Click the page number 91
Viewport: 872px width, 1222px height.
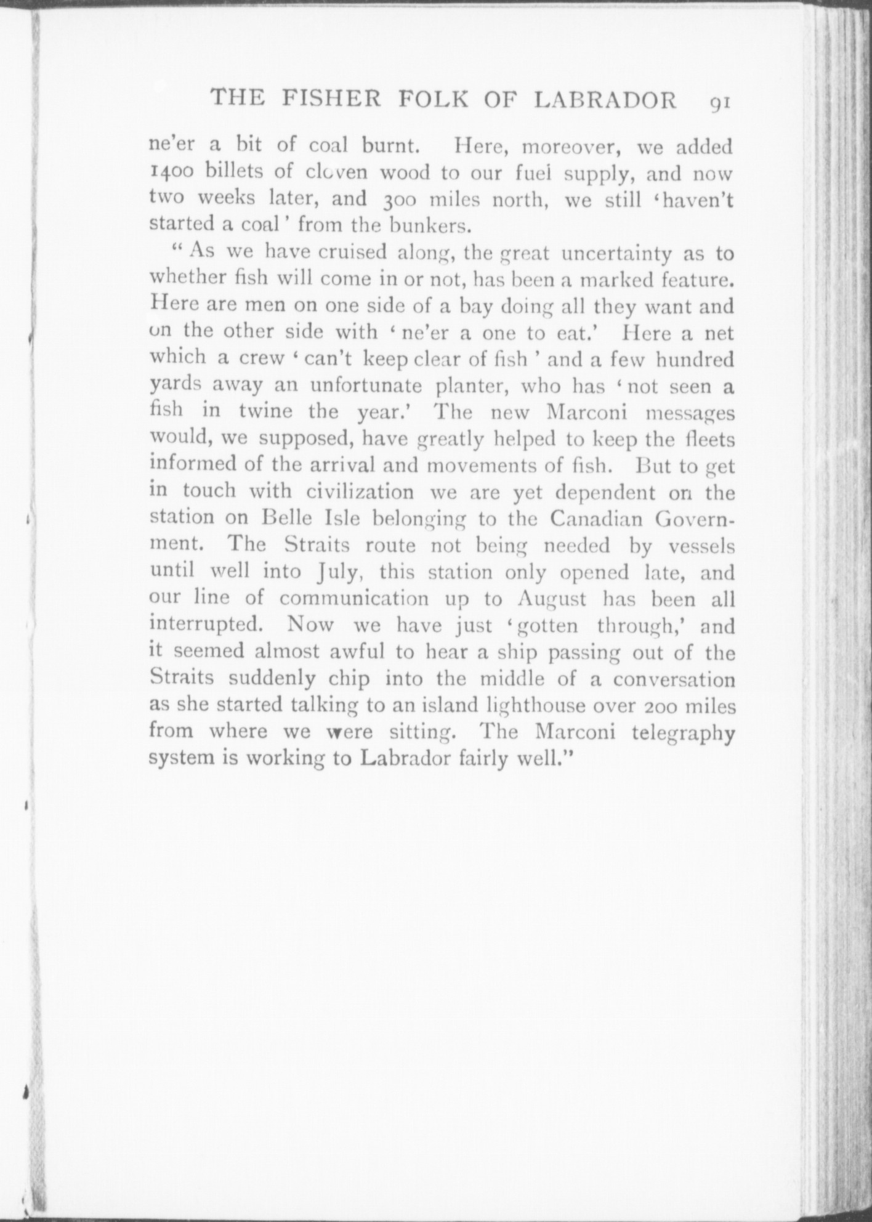(719, 102)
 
